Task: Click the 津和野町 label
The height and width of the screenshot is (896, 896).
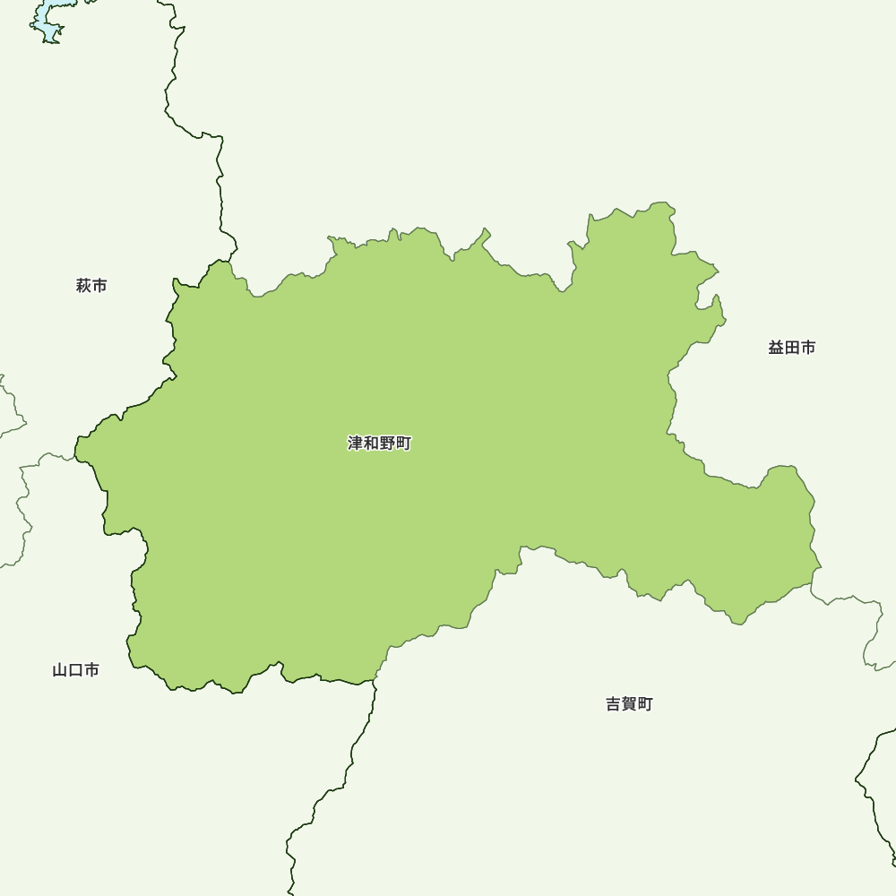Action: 379,444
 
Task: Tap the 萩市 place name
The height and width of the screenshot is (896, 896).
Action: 91,286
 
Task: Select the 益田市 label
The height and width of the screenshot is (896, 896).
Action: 791,348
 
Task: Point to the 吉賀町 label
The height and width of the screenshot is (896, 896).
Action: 629,704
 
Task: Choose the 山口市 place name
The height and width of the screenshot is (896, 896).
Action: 75,670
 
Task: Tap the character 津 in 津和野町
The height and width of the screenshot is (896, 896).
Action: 356,444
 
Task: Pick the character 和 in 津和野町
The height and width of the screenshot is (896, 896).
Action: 372,444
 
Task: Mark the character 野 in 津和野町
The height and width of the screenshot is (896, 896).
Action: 388,444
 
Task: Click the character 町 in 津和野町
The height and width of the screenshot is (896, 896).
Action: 403,444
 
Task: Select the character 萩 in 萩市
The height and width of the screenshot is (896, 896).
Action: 84,286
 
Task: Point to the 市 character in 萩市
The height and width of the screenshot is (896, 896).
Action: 99,286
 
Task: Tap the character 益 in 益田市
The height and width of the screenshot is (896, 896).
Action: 776,348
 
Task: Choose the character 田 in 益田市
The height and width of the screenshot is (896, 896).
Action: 792,348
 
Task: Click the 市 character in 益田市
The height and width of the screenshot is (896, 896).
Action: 807,348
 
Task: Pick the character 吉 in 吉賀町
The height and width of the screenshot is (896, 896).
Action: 614,704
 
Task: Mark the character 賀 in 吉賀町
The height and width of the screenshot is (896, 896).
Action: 629,704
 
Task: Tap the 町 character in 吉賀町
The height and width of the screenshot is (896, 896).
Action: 645,704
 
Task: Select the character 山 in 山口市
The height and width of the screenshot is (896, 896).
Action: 60,670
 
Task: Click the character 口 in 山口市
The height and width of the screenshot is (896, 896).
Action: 75,670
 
